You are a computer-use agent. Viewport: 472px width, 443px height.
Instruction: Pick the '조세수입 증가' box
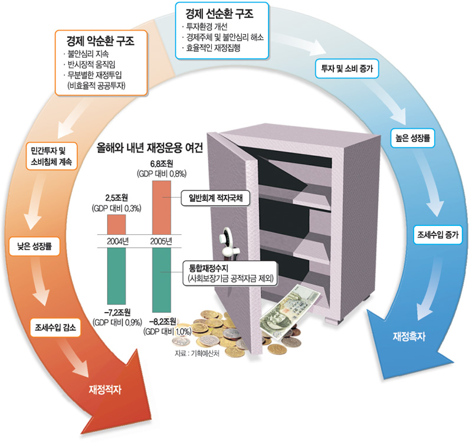coord(437,234)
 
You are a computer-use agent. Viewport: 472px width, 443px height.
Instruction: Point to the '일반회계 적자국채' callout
coord(216,199)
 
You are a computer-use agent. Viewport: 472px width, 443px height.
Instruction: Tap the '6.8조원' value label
coord(161,163)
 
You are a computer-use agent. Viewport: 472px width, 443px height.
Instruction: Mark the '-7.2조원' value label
coord(116,311)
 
